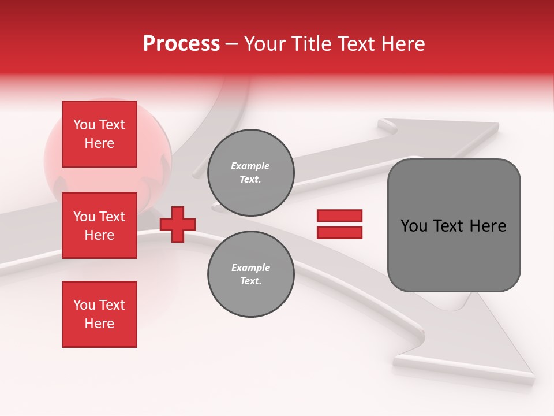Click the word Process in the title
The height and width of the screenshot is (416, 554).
(181, 44)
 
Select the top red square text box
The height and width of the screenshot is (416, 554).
(99, 134)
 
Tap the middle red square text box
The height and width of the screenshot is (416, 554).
(99, 225)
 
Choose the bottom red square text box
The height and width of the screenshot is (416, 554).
(99, 314)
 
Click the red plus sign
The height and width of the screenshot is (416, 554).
(178, 224)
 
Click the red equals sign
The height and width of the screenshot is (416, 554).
(339, 224)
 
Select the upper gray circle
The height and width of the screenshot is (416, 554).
(250, 173)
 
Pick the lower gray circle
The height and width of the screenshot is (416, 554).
(250, 274)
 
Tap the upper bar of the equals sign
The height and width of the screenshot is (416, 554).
(339, 216)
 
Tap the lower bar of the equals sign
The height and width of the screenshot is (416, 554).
(339, 232)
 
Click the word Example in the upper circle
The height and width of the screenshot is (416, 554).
(250, 166)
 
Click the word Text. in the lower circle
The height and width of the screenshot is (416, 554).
(250, 281)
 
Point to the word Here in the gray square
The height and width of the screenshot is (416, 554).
(488, 226)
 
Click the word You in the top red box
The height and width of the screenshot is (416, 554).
(84, 125)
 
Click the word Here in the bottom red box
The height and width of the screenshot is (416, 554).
(99, 324)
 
